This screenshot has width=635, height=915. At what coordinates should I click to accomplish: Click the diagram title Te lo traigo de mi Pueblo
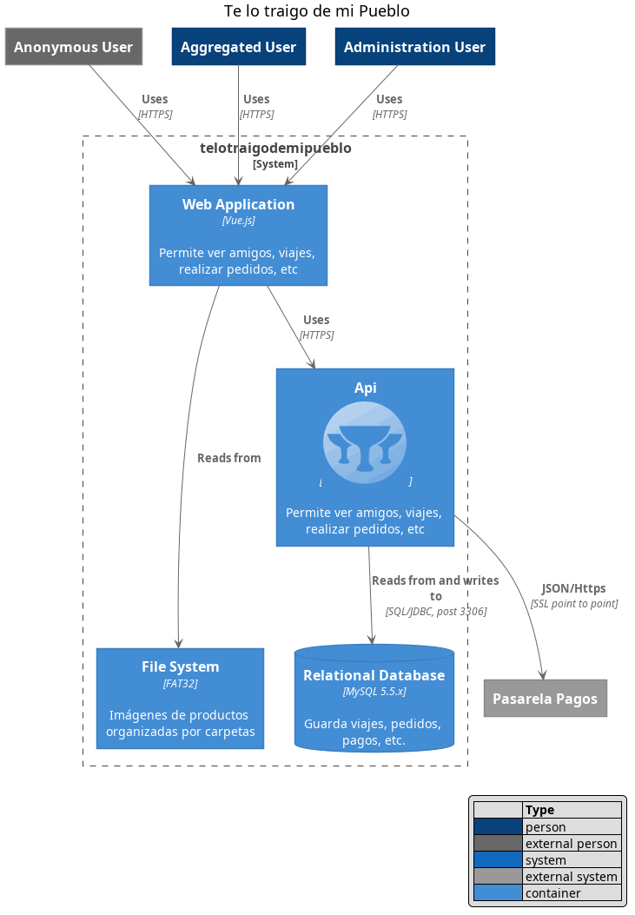(x=316, y=11)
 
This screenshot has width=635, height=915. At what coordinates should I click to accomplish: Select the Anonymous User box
(x=73, y=47)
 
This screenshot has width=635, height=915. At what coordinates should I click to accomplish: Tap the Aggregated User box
(x=238, y=47)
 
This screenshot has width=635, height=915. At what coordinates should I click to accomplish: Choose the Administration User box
(x=414, y=47)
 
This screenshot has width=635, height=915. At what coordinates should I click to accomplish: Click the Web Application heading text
(x=238, y=204)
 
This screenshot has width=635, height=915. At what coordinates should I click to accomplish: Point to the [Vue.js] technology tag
(x=238, y=221)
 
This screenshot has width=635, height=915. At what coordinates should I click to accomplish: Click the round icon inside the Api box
(x=365, y=442)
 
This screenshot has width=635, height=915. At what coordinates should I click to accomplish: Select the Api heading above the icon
(x=365, y=388)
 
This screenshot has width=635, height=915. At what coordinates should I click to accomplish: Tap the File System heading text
(x=180, y=666)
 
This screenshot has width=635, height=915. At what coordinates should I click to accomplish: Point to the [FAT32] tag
(x=180, y=683)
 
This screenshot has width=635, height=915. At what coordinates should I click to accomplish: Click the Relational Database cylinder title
(x=374, y=675)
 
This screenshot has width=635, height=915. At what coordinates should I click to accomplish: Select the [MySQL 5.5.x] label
(x=374, y=692)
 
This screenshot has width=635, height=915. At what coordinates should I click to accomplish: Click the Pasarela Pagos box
(x=545, y=698)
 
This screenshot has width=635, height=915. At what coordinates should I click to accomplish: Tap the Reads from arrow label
(x=228, y=458)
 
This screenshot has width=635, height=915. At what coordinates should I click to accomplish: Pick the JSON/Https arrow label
(x=573, y=588)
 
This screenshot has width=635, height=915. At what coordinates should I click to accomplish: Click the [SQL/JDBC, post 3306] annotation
(x=435, y=611)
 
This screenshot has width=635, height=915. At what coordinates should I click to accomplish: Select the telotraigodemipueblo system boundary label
(x=275, y=149)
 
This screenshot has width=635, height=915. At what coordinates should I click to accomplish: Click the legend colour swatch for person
(x=497, y=827)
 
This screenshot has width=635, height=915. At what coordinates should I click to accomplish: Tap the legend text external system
(x=571, y=877)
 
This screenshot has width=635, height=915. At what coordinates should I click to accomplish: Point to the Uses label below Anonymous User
(x=155, y=99)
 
